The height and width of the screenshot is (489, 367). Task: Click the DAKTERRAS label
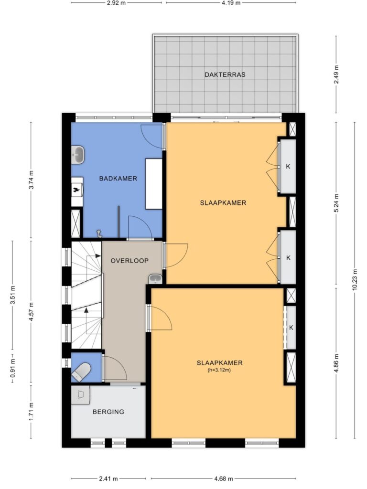coord(225,75)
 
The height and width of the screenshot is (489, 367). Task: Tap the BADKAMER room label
coord(118,179)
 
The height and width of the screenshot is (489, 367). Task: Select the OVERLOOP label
coord(130,261)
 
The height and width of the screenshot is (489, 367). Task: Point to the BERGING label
coord(108,412)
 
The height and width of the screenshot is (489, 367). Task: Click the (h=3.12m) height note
coord(219,371)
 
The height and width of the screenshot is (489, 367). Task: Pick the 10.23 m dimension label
coord(355,280)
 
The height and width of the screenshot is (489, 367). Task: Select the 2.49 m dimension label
coord(336,74)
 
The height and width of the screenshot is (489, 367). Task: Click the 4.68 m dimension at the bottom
coord(223,478)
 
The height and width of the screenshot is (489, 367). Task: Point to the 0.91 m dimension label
coord(12,368)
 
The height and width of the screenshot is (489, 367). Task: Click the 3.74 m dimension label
coord(31,180)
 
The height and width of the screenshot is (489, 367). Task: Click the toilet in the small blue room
coord(81,372)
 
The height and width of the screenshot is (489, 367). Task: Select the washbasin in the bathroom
coord(78,155)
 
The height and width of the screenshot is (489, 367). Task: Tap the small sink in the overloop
coord(155,279)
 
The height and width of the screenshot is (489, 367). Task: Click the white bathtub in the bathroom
coord(154,184)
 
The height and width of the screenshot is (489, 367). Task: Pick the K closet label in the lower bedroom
coord(291,328)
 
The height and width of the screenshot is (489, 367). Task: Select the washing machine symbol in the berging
coord(80,395)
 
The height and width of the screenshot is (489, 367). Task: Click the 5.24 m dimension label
coord(336,203)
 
